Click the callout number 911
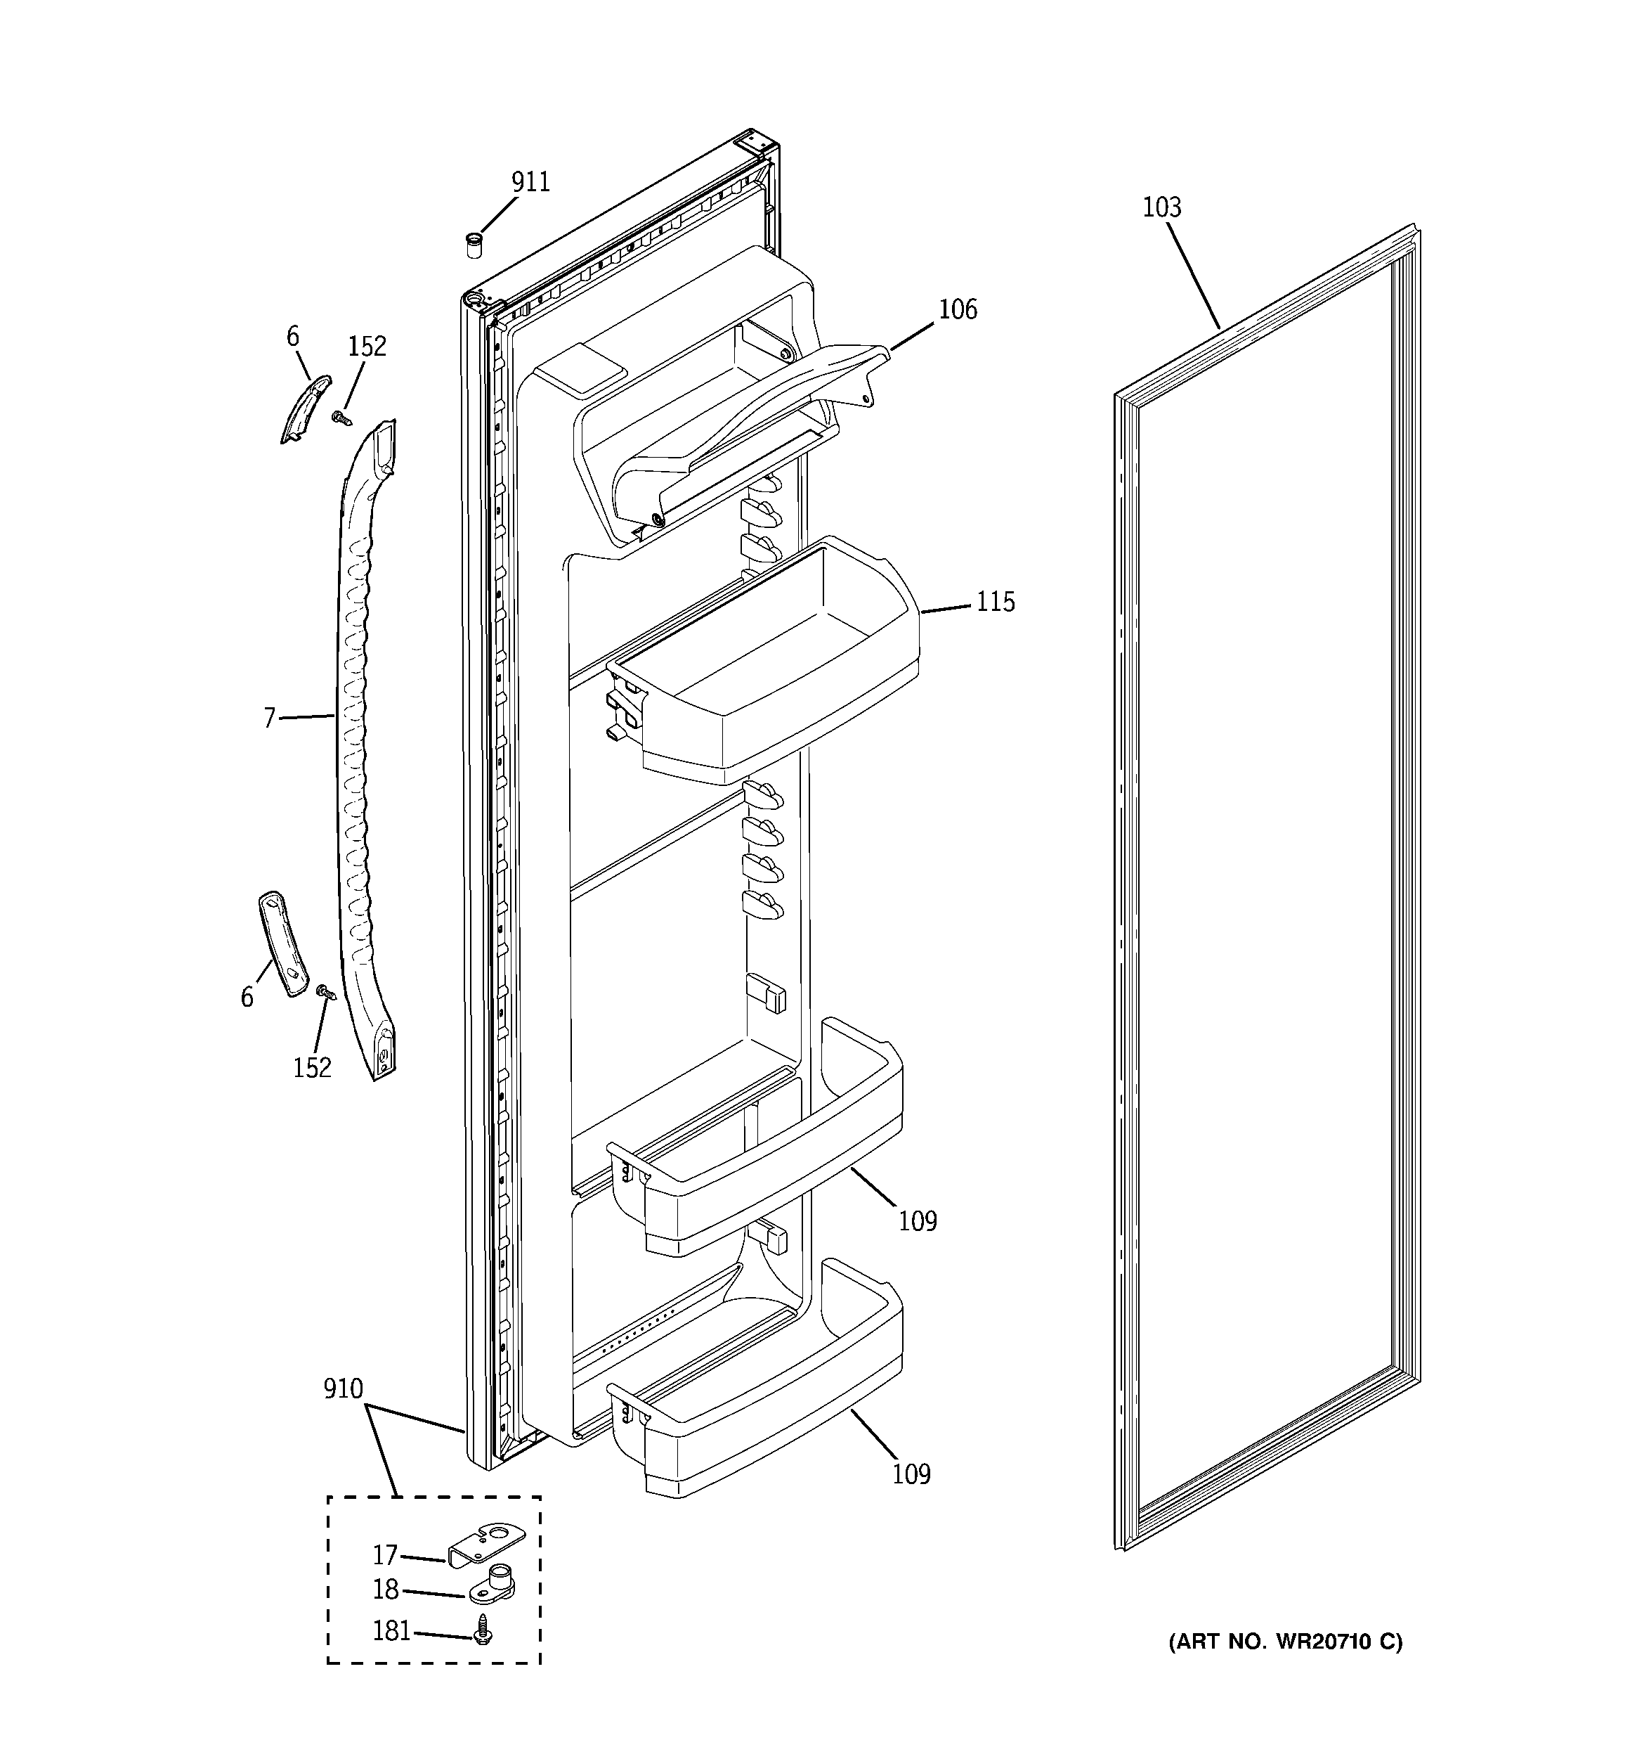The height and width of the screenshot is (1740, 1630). pyautogui.click(x=530, y=182)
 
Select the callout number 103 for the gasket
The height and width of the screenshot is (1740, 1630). pyautogui.click(x=1161, y=207)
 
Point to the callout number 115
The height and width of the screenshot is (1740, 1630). pyautogui.click(x=995, y=602)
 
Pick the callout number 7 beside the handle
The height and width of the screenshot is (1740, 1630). pyautogui.click(x=270, y=718)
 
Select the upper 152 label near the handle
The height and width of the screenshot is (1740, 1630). pyautogui.click(x=367, y=347)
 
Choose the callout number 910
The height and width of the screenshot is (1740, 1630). pyautogui.click(x=342, y=1389)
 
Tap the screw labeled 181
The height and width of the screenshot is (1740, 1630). pyautogui.click(x=481, y=1629)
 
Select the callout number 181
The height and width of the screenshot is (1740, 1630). pyautogui.click(x=391, y=1632)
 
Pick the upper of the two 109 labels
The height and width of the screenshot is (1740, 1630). pyautogui.click(x=917, y=1221)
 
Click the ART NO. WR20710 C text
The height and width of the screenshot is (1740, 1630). pyautogui.click(x=1284, y=1643)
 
